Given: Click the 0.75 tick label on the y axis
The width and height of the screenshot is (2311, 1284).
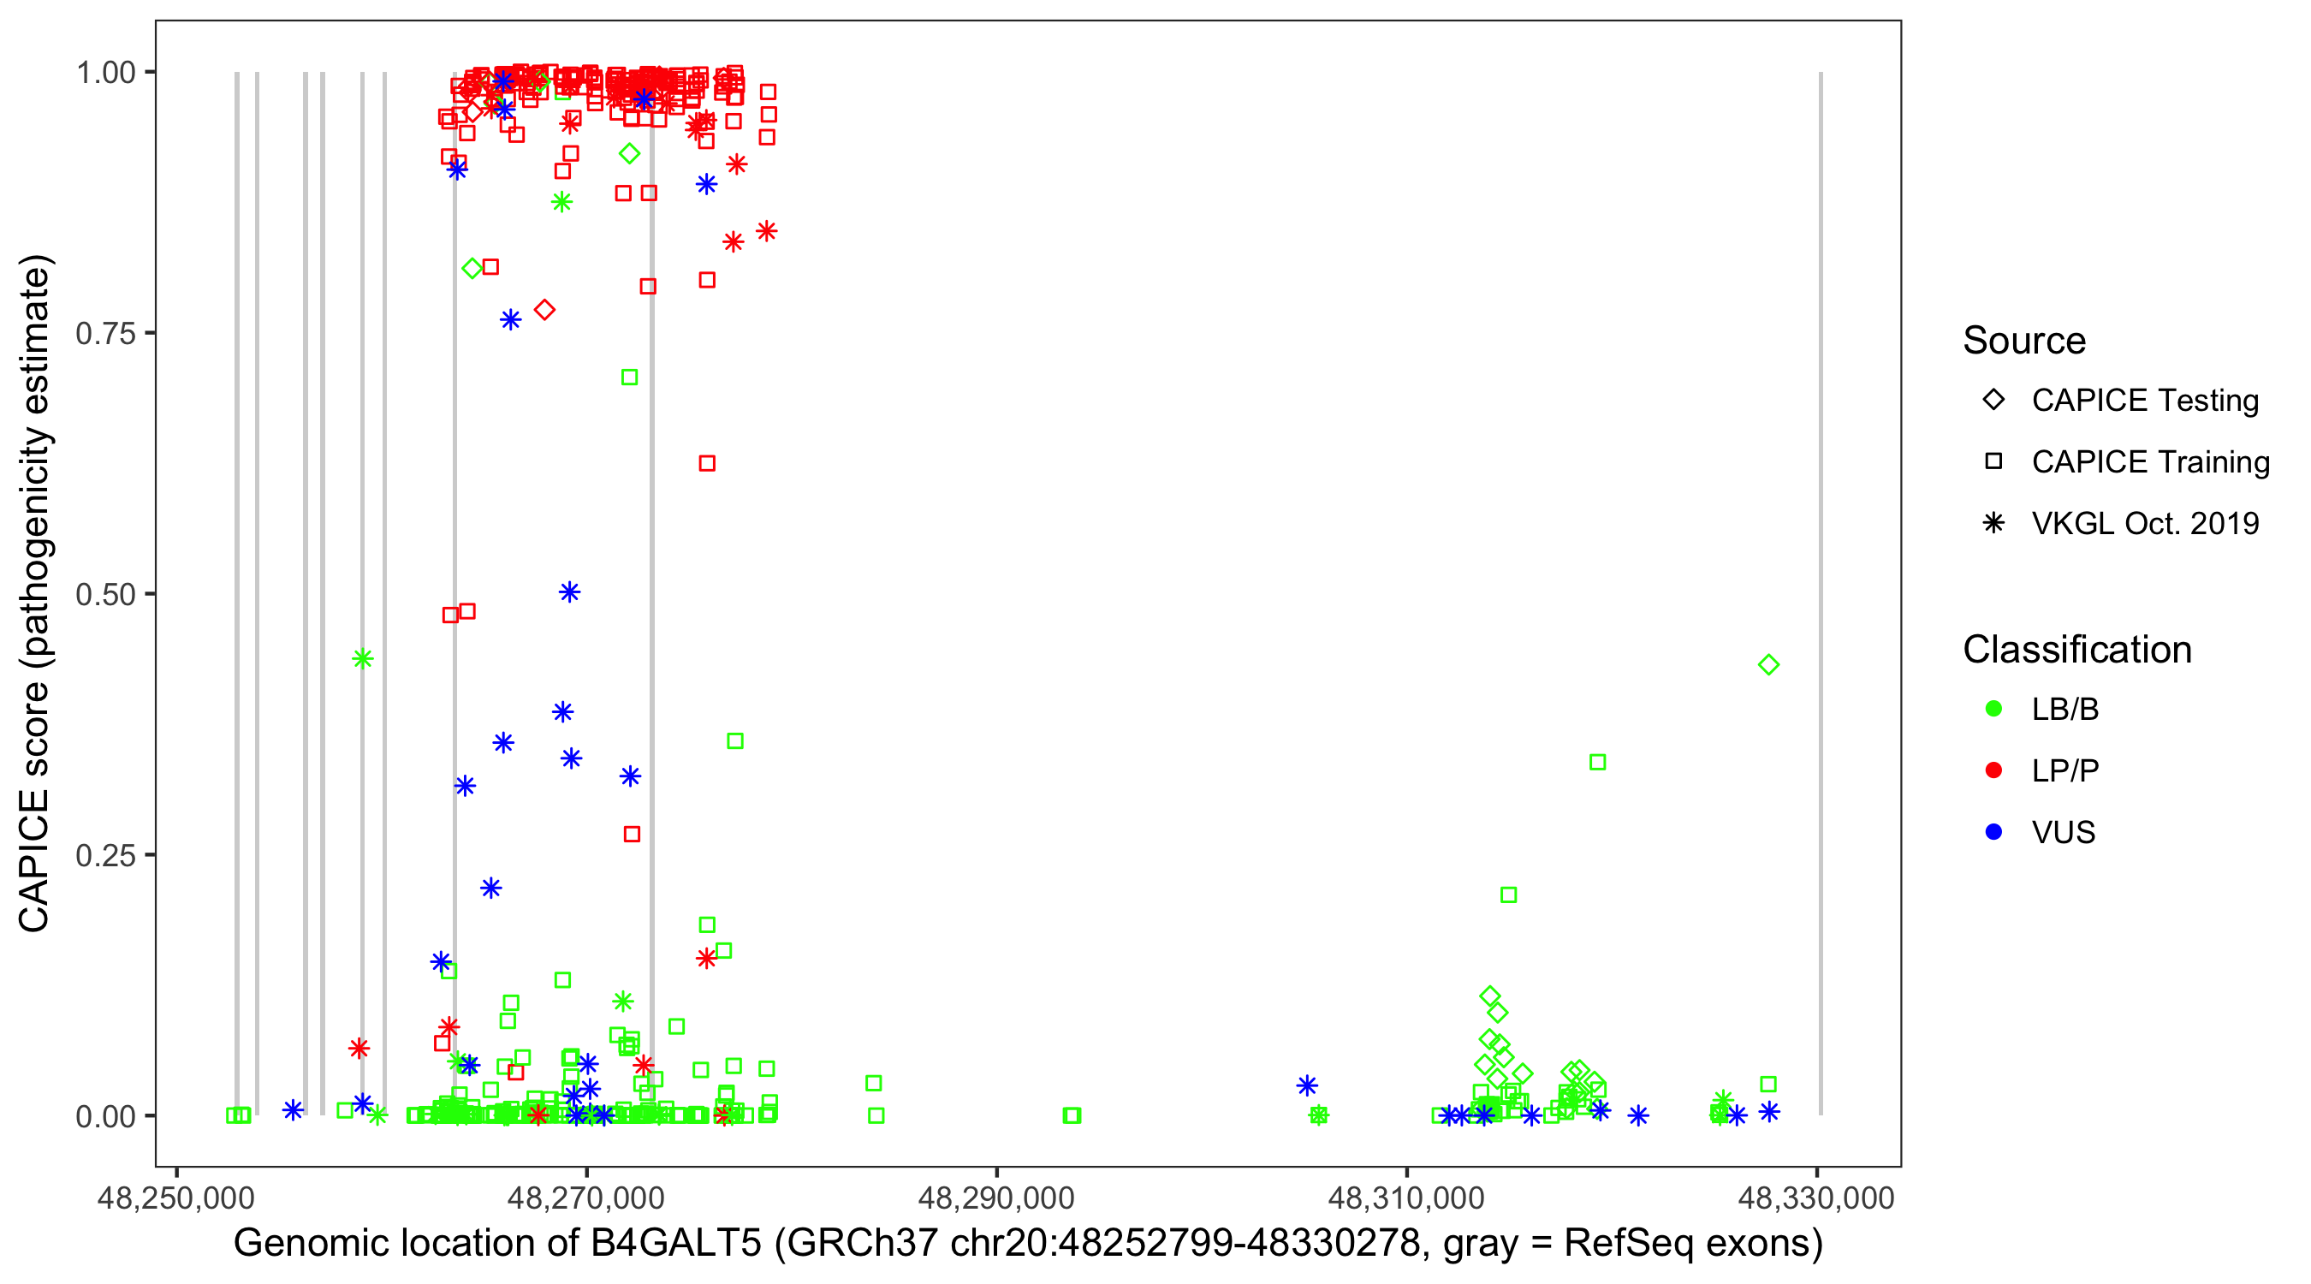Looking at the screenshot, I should point(105,333).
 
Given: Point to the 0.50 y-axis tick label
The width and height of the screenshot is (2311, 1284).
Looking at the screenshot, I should point(105,594).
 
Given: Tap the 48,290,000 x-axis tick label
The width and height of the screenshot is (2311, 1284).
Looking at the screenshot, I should point(995,1198).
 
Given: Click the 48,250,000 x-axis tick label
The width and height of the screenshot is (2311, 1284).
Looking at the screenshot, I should point(175,1198).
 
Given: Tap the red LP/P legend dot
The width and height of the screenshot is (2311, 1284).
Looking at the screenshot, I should point(1993,770).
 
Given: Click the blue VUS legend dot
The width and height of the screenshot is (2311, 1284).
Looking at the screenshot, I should point(1993,833).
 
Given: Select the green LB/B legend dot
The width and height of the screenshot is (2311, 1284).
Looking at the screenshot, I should point(1993,709).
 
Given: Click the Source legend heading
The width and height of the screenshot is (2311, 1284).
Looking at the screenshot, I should point(2023,341).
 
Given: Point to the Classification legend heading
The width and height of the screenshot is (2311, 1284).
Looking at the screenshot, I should point(2076,650).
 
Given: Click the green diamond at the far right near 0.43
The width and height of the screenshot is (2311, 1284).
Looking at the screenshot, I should point(1768,665).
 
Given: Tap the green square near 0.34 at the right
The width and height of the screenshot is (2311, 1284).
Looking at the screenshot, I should point(1597,762).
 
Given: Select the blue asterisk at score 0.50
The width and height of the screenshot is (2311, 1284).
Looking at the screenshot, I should point(570,592).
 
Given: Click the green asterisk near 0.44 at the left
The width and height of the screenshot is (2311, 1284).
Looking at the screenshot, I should point(362,659).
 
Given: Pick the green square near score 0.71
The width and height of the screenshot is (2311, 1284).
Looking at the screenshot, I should point(630,377).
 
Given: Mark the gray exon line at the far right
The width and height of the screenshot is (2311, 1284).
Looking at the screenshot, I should point(1821,592).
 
